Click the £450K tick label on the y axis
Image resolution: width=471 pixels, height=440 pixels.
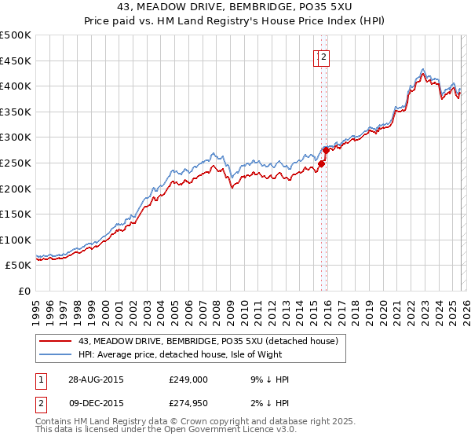click(x=16, y=60)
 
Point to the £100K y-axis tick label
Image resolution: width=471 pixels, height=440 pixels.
click(x=16, y=240)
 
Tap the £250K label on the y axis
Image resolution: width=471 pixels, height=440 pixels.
click(x=16, y=163)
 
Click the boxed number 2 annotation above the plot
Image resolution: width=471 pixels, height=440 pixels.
click(x=323, y=56)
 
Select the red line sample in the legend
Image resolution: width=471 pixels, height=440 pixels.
click(x=55, y=341)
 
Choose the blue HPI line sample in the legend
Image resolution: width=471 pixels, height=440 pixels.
click(x=55, y=354)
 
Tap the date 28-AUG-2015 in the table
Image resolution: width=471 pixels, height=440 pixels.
click(x=95, y=379)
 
